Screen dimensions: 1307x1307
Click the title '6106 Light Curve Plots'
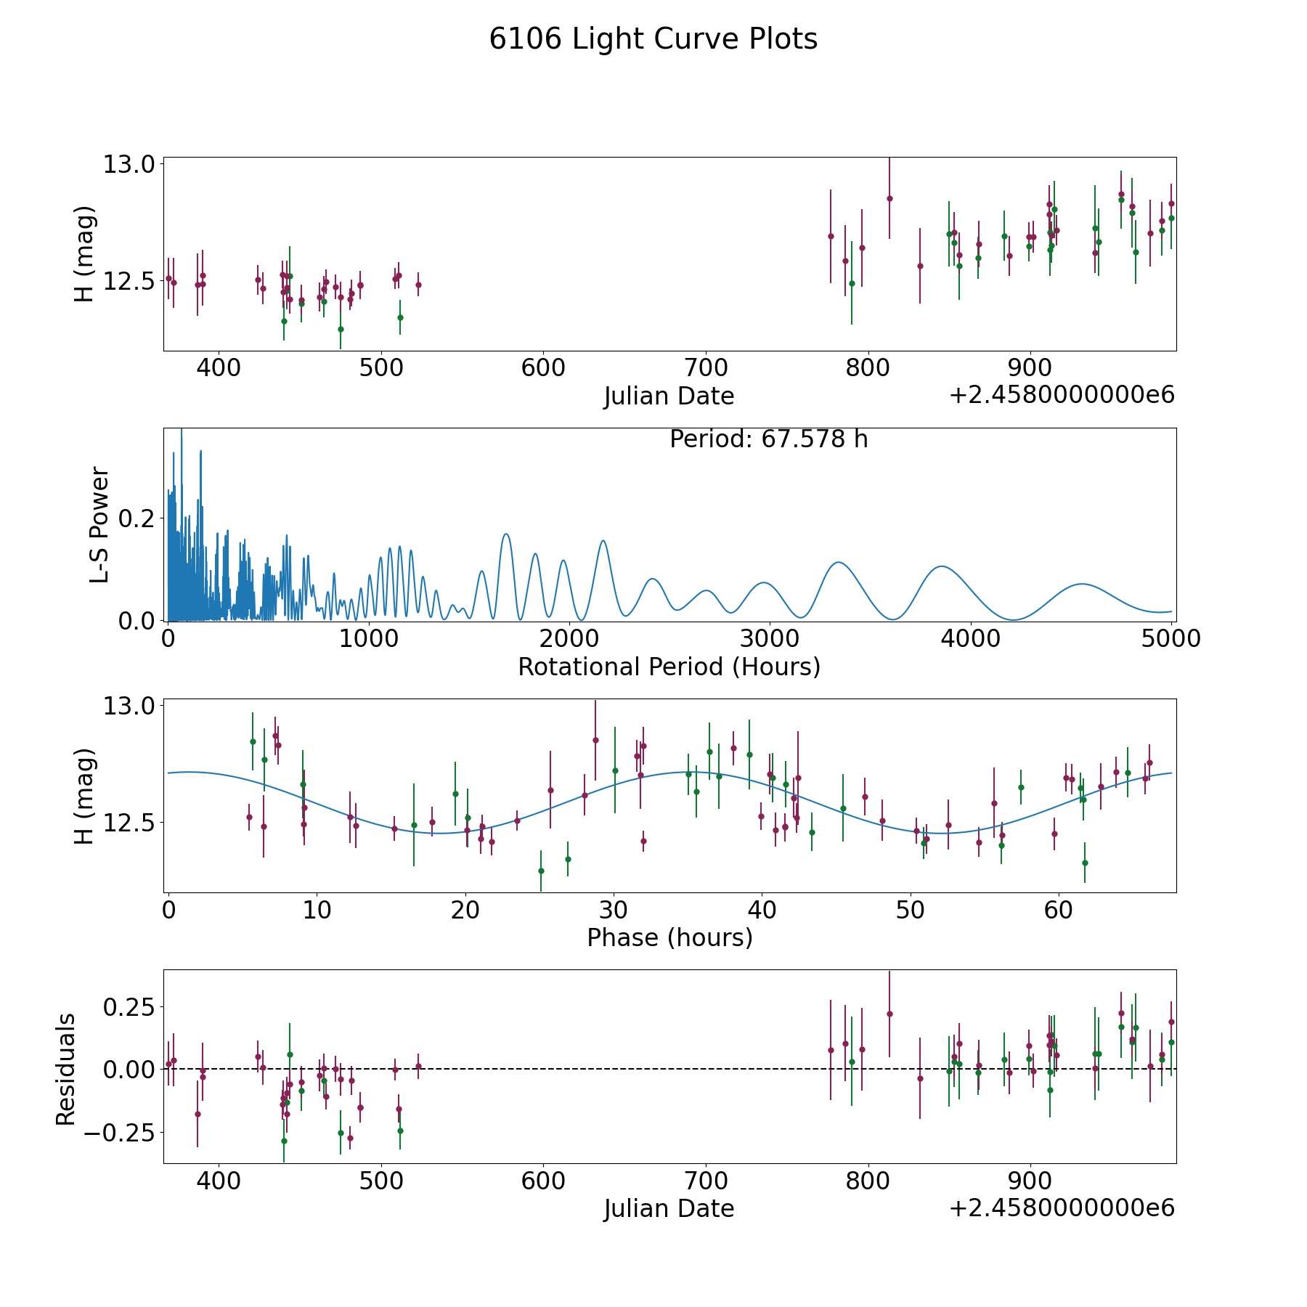coord(653,39)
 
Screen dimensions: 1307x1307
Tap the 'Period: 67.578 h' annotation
coord(768,439)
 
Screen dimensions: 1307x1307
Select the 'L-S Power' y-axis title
coord(99,524)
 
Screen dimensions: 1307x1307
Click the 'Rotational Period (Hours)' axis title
coord(669,667)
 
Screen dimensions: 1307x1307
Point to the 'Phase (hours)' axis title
coord(669,937)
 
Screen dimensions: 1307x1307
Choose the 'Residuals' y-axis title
coord(66,1070)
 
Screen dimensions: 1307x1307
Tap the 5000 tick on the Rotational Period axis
coord(1170,639)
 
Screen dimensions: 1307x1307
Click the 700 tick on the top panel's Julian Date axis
coord(706,368)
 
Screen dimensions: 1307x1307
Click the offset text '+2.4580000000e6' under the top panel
coord(1062,395)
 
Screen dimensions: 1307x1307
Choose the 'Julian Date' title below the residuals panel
coord(669,1208)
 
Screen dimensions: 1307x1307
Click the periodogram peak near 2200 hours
coord(603,541)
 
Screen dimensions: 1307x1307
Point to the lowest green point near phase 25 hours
coord(541,871)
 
